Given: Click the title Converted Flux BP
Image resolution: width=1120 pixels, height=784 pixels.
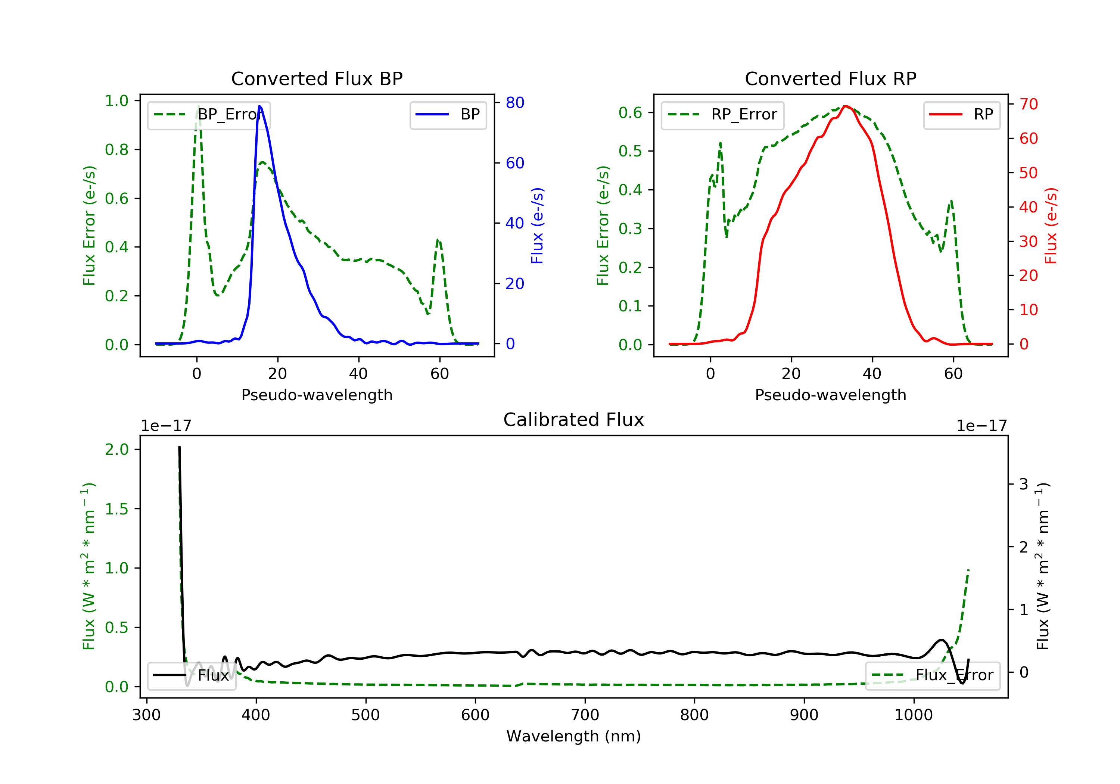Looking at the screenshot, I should click(x=317, y=78).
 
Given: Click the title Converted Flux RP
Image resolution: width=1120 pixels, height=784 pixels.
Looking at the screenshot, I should click(x=830, y=78).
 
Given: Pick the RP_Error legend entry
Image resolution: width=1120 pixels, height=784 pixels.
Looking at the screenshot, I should click(x=722, y=115).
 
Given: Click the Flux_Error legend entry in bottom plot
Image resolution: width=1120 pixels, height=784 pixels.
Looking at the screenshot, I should click(x=932, y=675).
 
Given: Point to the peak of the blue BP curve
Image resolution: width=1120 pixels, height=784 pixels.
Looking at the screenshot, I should click(x=259, y=106).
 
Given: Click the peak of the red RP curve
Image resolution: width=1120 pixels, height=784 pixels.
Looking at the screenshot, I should click(x=845, y=106).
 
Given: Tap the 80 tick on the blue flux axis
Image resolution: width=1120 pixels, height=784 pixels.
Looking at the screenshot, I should click(x=514, y=102).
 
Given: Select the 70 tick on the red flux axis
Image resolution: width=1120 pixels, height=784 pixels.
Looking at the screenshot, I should click(x=1028, y=104).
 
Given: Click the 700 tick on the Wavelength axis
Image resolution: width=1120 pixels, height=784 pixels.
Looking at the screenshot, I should click(x=585, y=715).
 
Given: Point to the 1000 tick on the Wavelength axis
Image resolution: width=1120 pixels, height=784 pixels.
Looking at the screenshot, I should click(x=913, y=715).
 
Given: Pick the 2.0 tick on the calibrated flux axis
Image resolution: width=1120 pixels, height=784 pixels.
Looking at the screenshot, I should click(x=116, y=449).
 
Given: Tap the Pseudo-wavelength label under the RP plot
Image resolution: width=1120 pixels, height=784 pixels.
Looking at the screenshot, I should click(x=830, y=395).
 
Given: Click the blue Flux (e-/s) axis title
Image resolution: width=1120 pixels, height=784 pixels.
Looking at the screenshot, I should click(x=537, y=225).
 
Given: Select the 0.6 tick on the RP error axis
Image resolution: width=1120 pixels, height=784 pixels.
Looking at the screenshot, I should click(x=630, y=113).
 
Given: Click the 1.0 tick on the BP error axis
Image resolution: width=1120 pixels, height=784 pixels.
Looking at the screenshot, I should click(x=116, y=101).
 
